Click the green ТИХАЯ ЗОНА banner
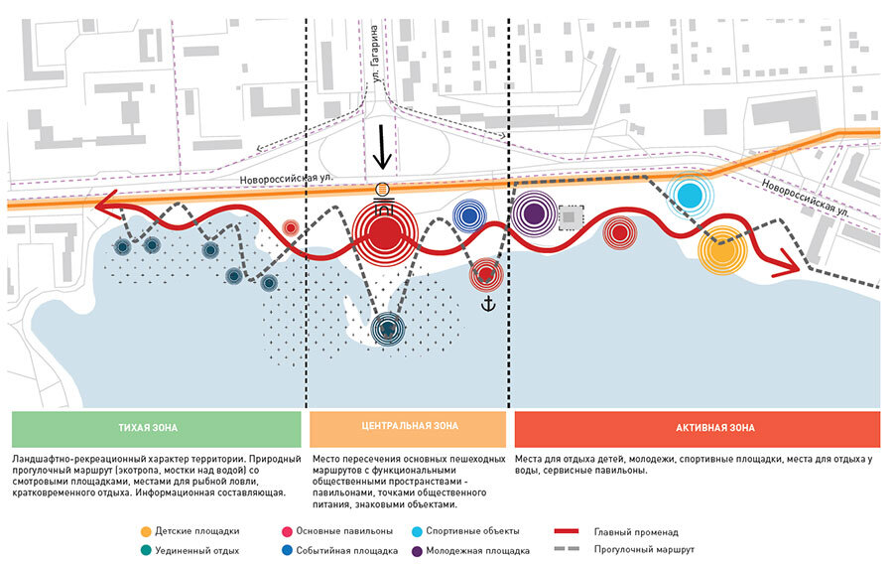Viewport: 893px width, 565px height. [155, 428]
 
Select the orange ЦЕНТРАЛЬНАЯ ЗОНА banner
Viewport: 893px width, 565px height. [407, 428]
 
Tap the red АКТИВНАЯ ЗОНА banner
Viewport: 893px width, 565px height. [698, 428]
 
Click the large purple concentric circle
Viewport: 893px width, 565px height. [534, 212]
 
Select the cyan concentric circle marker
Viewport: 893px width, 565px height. [689, 194]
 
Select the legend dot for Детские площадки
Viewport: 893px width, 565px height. [146, 531]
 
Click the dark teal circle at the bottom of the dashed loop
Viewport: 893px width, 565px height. [387, 329]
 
